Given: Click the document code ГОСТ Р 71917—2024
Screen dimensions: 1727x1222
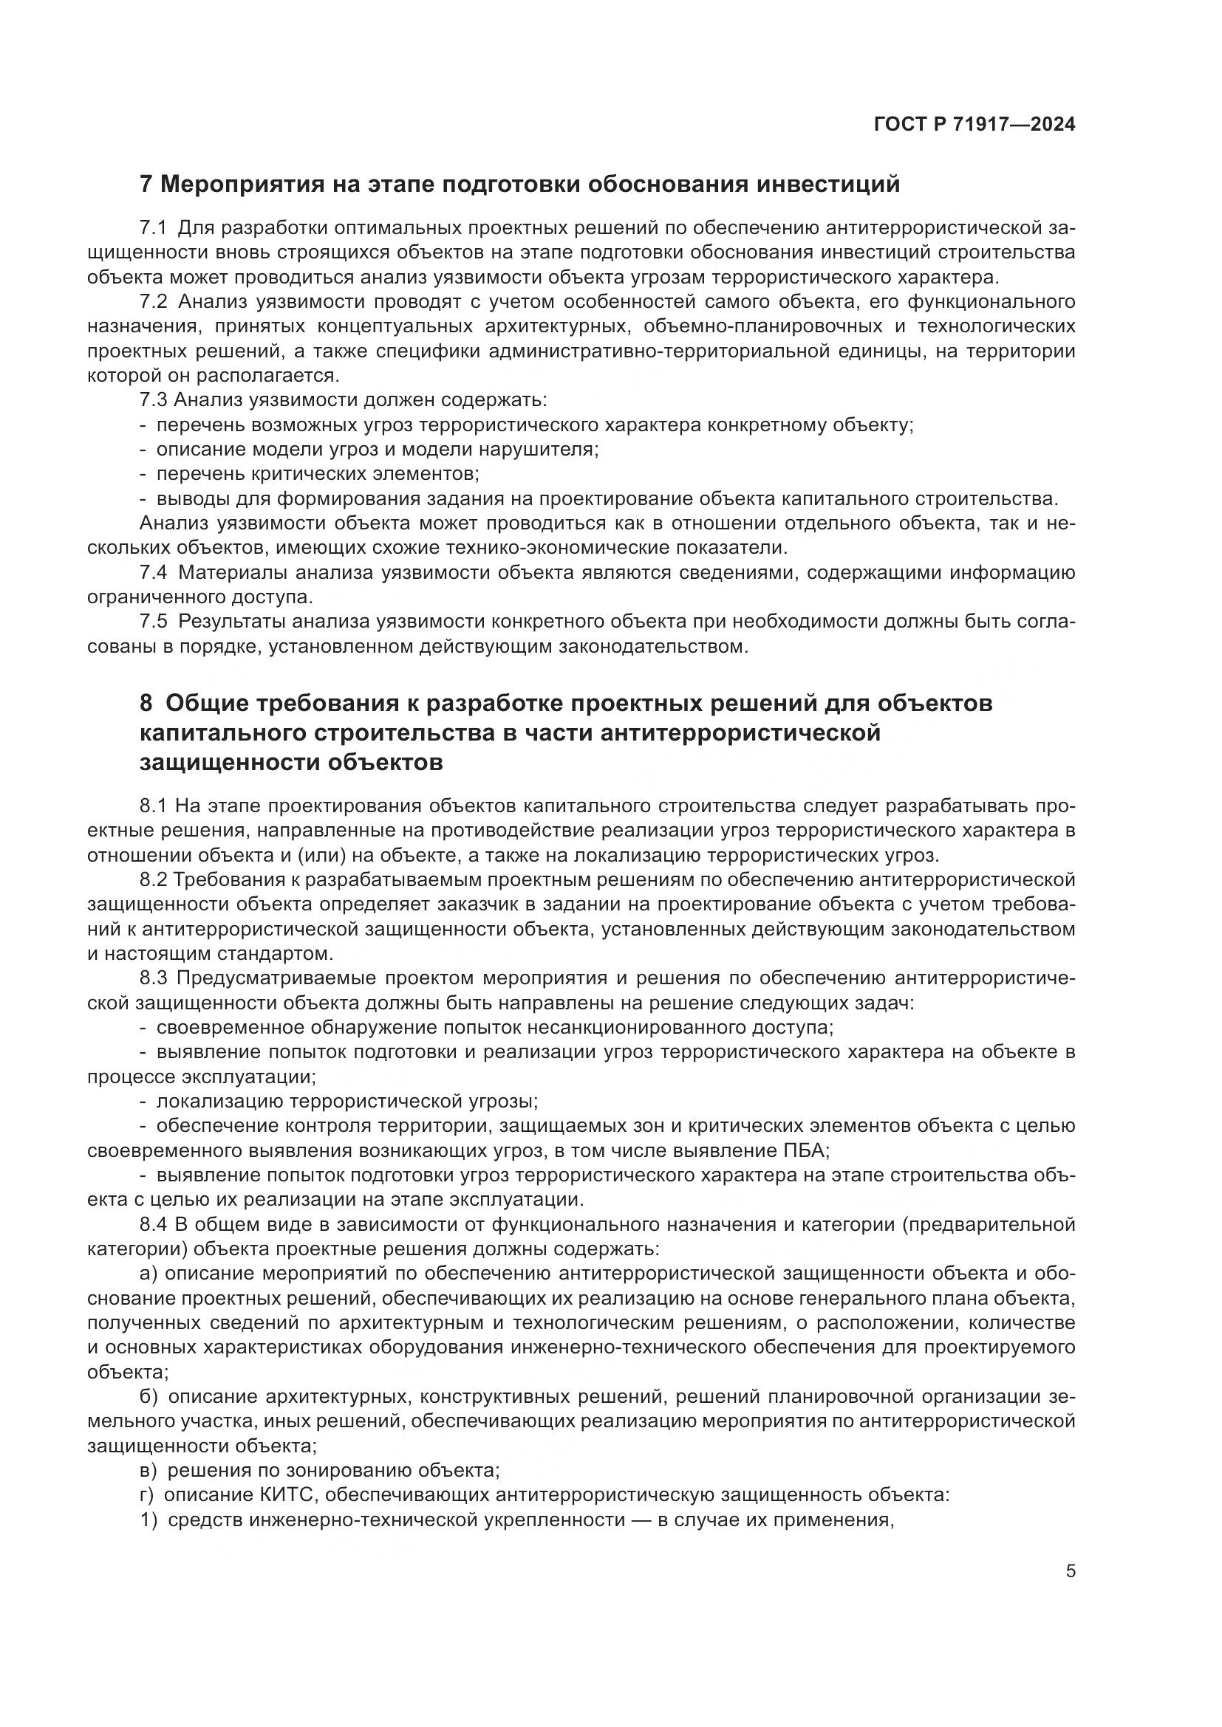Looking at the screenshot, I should [x=974, y=125].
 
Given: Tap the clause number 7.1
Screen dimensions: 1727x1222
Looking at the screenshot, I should [x=154, y=228].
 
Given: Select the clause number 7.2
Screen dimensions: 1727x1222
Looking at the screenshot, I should [x=154, y=302].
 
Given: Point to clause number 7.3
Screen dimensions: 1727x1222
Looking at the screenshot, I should [x=154, y=400].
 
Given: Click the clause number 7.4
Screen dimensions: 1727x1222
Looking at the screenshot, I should [x=154, y=573].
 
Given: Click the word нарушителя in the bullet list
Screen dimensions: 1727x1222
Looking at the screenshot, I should [x=543, y=450].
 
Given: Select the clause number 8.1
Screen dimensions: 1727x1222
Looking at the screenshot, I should [x=154, y=806].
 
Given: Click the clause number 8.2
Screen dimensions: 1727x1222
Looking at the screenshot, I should [x=154, y=880].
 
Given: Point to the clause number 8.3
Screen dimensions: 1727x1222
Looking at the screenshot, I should [x=154, y=978].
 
